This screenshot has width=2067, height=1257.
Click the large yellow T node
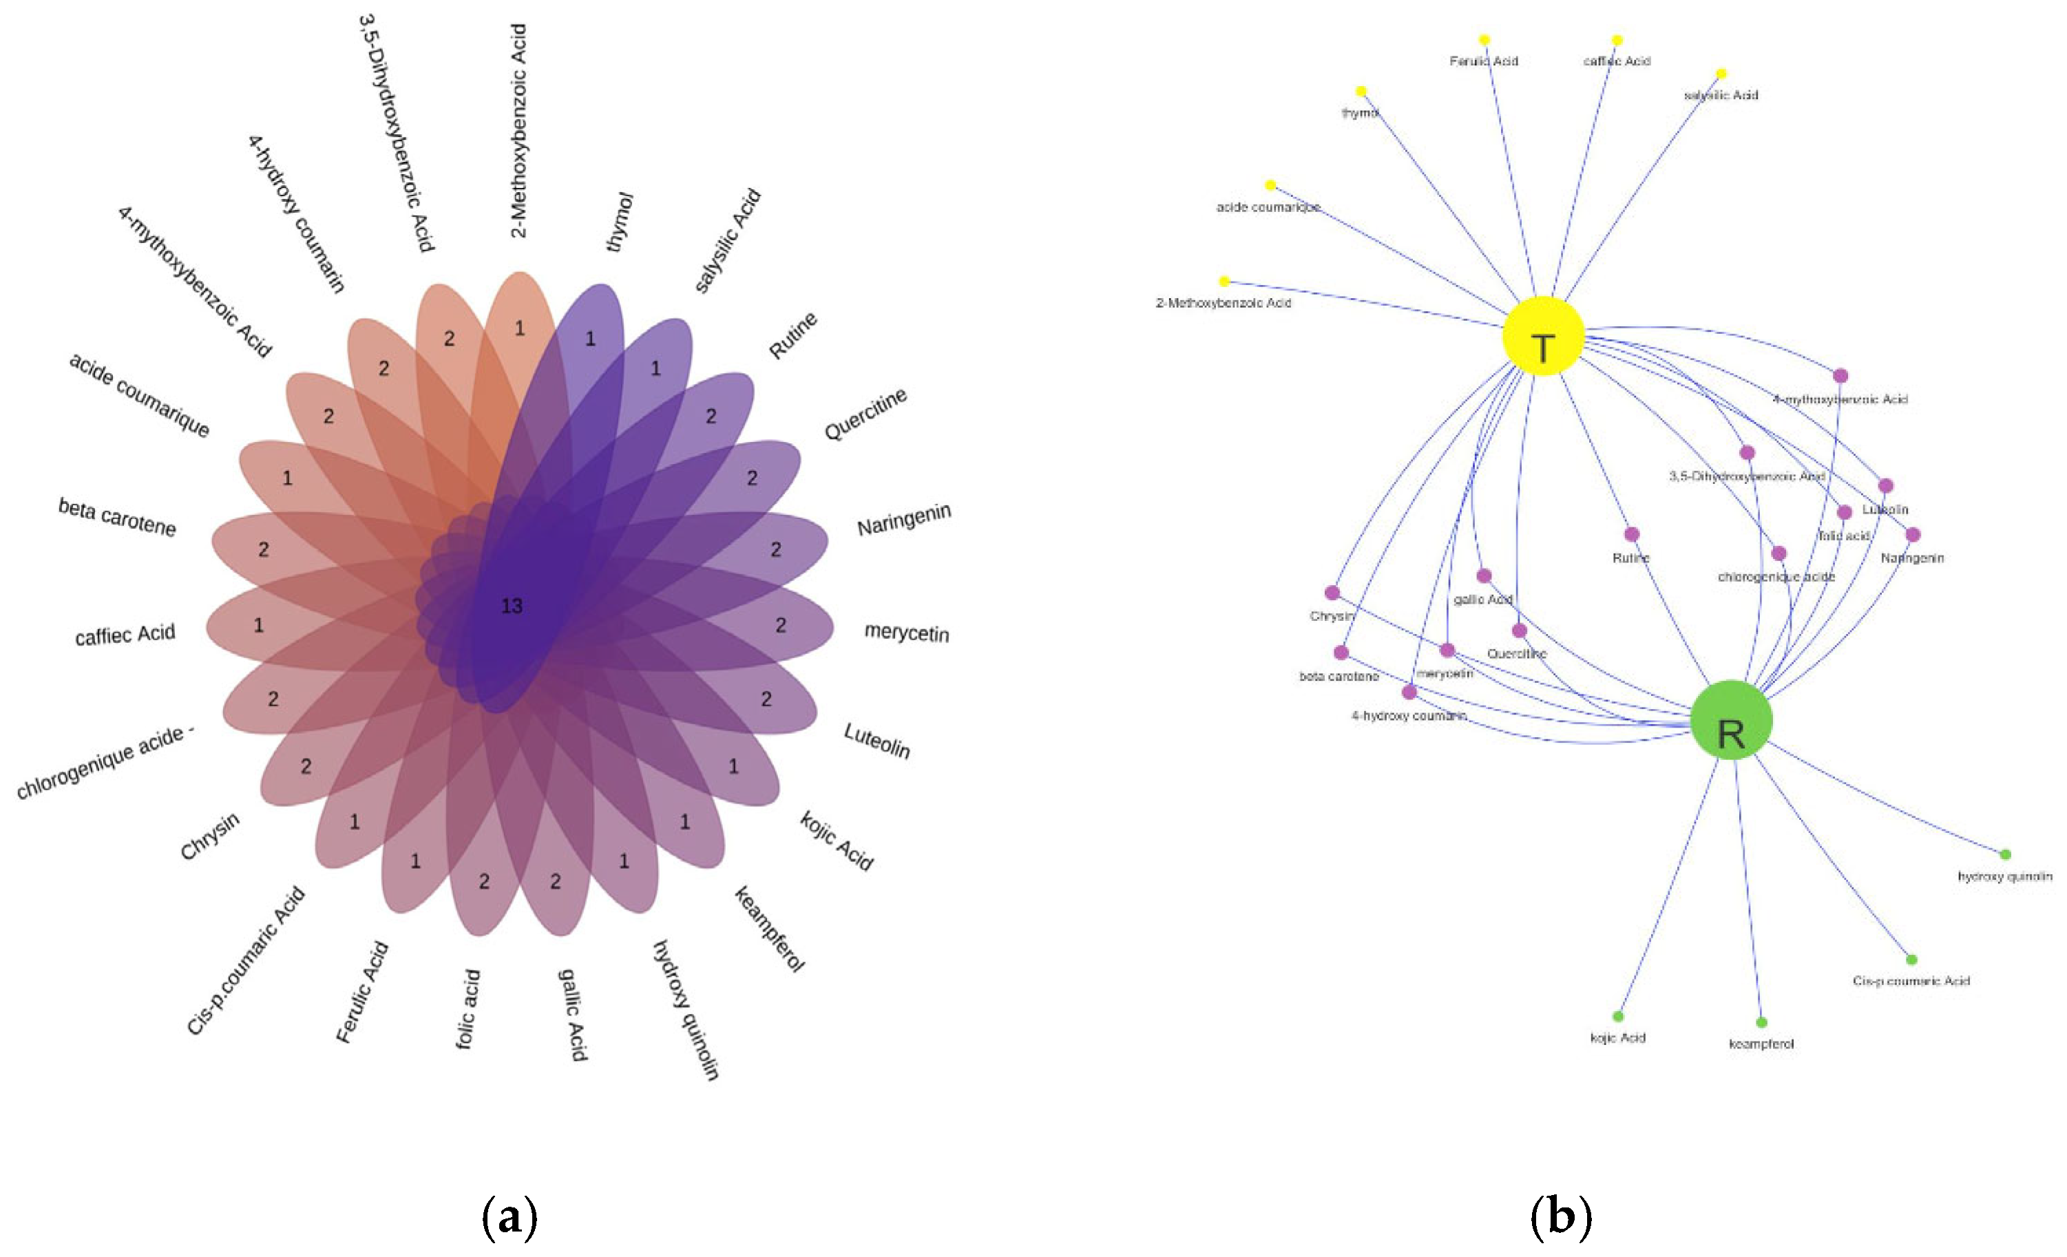[1543, 335]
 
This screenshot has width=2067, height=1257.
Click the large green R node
[1730, 720]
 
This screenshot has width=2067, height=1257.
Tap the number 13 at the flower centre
[512, 606]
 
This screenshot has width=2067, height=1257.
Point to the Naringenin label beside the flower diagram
[903, 519]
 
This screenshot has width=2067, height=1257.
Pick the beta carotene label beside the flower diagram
[116, 516]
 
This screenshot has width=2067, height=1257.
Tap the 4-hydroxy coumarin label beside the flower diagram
[296, 214]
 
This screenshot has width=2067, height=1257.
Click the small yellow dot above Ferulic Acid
[1484, 39]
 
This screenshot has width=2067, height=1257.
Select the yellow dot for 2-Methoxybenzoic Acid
[1224, 281]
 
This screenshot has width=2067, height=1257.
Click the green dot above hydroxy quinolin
[2005, 854]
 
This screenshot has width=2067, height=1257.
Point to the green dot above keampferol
[1761, 1022]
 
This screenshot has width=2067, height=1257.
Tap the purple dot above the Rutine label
[1632, 534]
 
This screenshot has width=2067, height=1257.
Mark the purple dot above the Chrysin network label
[1332, 593]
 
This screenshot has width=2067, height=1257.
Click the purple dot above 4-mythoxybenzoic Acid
[1840, 376]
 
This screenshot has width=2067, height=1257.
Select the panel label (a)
[510, 1218]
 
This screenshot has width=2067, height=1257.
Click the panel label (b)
[1560, 1218]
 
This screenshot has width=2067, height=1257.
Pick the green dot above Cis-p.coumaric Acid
[1911, 960]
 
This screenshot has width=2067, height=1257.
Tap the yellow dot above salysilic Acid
[1721, 74]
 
